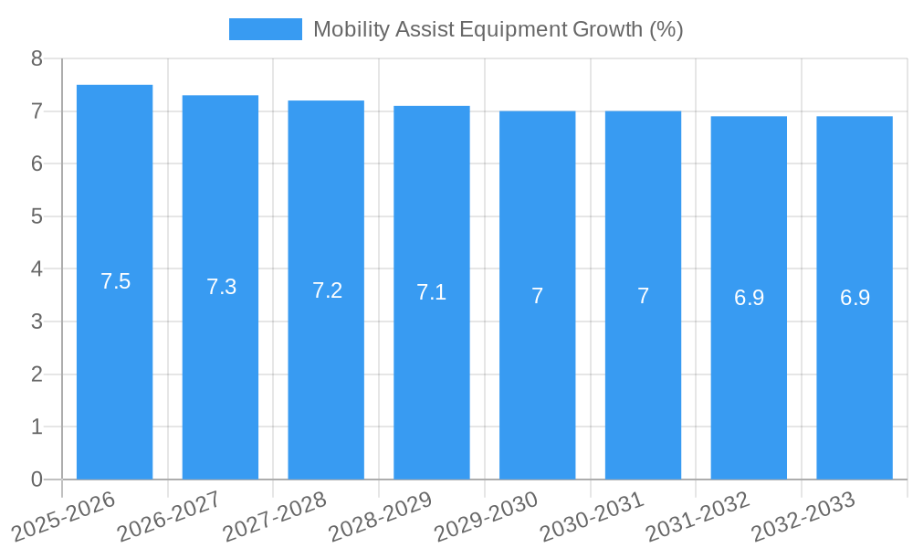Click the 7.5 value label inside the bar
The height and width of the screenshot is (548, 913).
[116, 281]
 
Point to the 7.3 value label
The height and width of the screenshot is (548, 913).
[221, 287]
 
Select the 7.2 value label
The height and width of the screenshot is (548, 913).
[327, 290]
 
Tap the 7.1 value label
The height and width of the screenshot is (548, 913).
[432, 292]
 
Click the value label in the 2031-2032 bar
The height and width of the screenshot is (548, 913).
[749, 298]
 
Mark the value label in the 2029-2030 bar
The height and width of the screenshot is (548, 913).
[538, 296]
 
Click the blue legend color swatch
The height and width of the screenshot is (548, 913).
[265, 29]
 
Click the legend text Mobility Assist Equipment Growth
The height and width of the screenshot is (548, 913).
[498, 29]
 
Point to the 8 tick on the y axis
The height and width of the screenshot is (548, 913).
[37, 58]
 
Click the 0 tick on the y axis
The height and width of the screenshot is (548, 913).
[37, 479]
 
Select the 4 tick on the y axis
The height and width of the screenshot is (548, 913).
[37, 269]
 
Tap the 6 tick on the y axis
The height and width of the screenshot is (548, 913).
[37, 163]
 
